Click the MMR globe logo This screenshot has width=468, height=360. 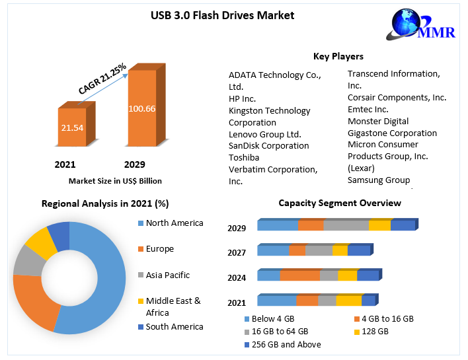tap(410, 26)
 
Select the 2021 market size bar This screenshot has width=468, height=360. tap(72, 127)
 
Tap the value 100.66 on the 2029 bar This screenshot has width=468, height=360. tap(142, 108)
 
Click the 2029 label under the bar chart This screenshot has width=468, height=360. tap(135, 164)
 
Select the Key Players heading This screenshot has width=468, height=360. tap(338, 56)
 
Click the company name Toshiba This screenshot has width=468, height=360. tap(244, 157)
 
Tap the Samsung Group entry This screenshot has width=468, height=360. tap(379, 180)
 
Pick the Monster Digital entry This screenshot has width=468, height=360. tap(378, 121)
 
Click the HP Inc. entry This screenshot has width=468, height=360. tap(242, 98)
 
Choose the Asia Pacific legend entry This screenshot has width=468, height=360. tap(167, 275)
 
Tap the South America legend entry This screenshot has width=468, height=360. tap(174, 326)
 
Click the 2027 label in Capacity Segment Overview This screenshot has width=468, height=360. tap(237, 252)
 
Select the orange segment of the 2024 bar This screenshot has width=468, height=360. tap(299, 275)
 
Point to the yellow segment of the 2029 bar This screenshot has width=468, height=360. tap(379, 225)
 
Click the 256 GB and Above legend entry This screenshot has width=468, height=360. tap(281, 344)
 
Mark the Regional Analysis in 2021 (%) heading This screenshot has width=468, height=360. tap(105, 203)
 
